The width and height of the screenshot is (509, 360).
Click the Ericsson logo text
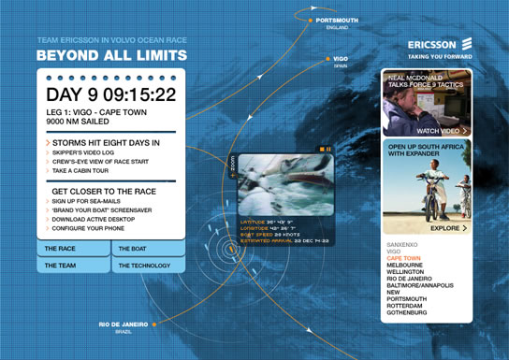pyautogui.click(x=432, y=44)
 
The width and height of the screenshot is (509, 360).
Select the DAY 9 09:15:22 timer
pyautogui.click(x=111, y=94)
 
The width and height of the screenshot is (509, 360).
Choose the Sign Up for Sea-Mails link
pyautogui.click(x=90, y=202)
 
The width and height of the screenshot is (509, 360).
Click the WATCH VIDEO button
pyautogui.click(x=440, y=131)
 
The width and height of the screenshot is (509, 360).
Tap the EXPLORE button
pyautogui.click(x=447, y=227)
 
